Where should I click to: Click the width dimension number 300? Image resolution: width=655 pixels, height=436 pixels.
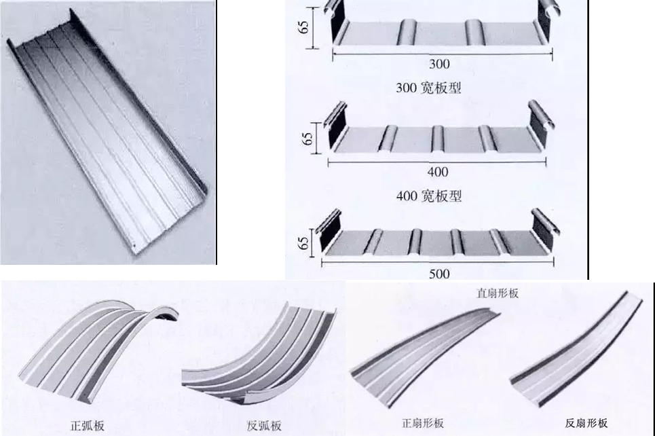coord(439,65)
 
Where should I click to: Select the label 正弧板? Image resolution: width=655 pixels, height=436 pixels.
coord(86,426)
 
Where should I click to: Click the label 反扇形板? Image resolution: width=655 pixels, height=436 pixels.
coord(586,423)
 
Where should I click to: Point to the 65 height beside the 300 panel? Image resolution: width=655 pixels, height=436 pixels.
coord(305,28)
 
